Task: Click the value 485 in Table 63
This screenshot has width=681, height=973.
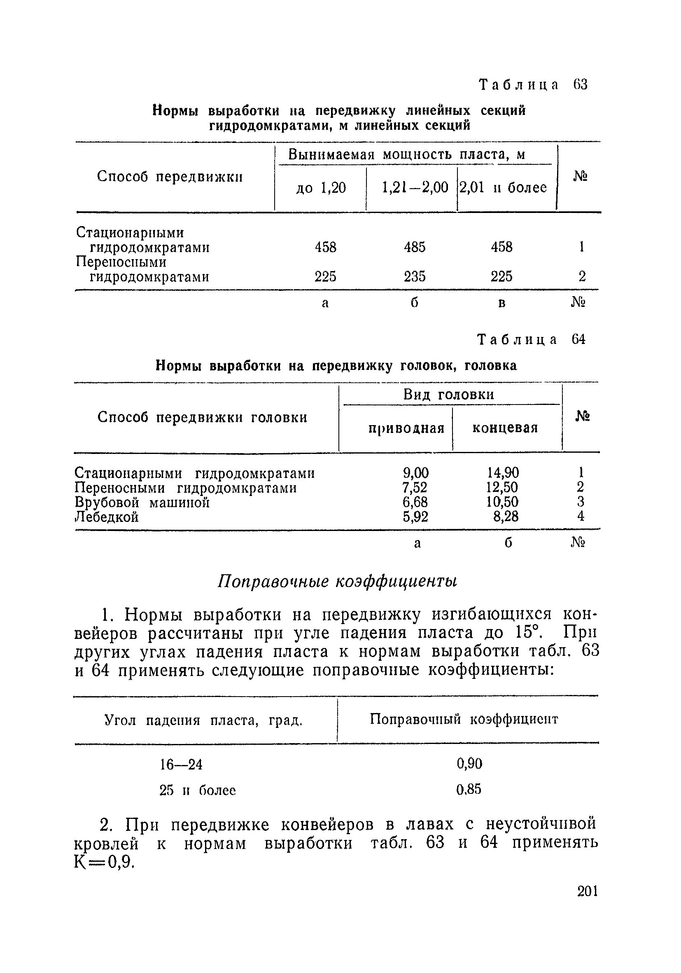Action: pyautogui.click(x=414, y=247)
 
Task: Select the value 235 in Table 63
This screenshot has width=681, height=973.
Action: pyautogui.click(x=414, y=277)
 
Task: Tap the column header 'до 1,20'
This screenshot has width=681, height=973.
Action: pyautogui.click(x=321, y=188)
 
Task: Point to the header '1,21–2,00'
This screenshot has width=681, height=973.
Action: pyautogui.click(x=415, y=187)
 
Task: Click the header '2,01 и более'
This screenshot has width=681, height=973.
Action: pyautogui.click(x=503, y=187)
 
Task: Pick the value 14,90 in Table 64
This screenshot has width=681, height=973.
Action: pyautogui.click(x=503, y=472)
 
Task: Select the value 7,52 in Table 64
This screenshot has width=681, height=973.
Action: pyautogui.click(x=415, y=487)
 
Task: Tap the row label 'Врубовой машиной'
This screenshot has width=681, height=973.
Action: pyautogui.click(x=142, y=503)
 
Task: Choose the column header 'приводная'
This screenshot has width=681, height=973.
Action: pyautogui.click(x=406, y=428)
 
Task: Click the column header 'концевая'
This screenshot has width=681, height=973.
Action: pyautogui.click(x=505, y=428)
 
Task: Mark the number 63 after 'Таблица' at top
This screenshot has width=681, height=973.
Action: pyautogui.click(x=580, y=85)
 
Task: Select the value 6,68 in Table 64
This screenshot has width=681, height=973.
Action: pyautogui.click(x=415, y=502)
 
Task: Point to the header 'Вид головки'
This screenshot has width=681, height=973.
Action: pyautogui.click(x=448, y=395)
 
